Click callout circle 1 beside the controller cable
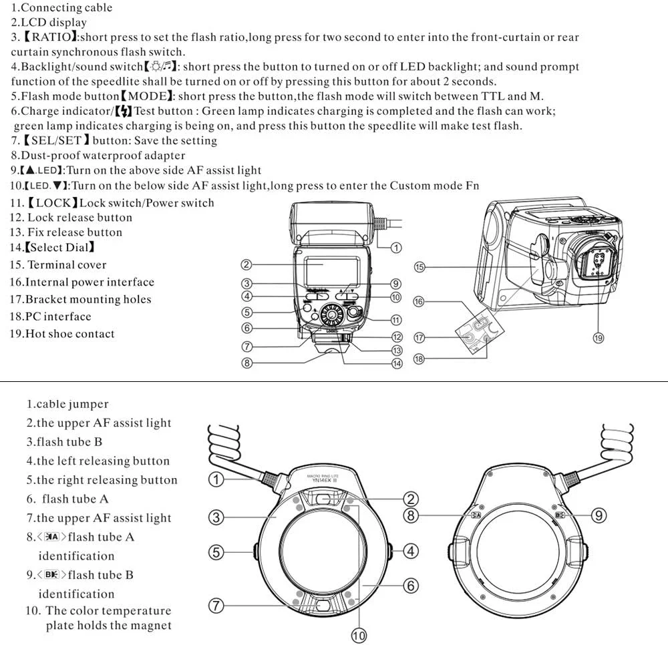tap(395, 248)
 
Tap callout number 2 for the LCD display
tap(246, 265)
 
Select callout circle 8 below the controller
tap(246, 363)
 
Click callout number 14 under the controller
tap(396, 363)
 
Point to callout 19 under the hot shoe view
tap(599, 338)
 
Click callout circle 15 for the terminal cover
tap(420, 267)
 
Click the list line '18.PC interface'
tap(50, 316)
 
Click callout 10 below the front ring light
tap(359, 636)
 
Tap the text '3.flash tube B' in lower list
tap(64, 442)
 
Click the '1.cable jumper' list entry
tap(67, 404)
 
